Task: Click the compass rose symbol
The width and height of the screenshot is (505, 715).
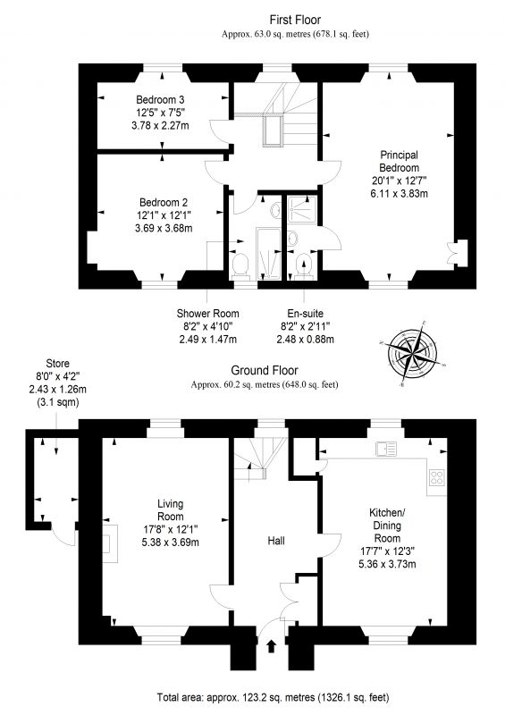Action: pyautogui.click(x=412, y=352)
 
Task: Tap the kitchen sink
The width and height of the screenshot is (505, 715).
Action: pyautogui.click(x=386, y=450)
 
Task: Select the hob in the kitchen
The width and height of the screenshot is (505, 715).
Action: pyautogui.click(x=436, y=477)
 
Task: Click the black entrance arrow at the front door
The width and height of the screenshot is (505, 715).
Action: pyautogui.click(x=272, y=645)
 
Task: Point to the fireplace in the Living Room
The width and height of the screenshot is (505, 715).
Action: pyautogui.click(x=109, y=543)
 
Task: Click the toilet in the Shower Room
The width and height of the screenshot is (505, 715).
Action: pyautogui.click(x=240, y=265)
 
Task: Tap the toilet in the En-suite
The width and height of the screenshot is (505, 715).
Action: pyautogui.click(x=303, y=266)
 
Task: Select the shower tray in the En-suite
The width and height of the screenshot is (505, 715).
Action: pyautogui.click(x=302, y=209)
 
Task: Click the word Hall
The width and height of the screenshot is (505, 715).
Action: pyautogui.click(x=276, y=541)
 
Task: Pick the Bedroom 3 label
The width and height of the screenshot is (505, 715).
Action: pyautogui.click(x=160, y=99)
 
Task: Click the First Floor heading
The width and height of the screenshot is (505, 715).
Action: pyautogui.click(x=295, y=20)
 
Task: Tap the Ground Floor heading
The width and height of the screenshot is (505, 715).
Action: pyautogui.click(x=265, y=370)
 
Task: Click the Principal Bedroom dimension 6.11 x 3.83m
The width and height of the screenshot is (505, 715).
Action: pyautogui.click(x=400, y=193)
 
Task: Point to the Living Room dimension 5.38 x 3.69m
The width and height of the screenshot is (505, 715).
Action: pyautogui.click(x=170, y=543)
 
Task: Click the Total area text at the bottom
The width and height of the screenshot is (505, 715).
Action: pyautogui.click(x=273, y=697)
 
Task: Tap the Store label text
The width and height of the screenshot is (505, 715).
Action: pyautogui.click(x=57, y=364)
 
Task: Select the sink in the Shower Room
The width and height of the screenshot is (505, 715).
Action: pyautogui.click(x=275, y=211)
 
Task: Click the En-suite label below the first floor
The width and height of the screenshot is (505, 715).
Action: pyautogui.click(x=305, y=314)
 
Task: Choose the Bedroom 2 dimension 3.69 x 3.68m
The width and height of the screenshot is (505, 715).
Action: pyautogui.click(x=164, y=228)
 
